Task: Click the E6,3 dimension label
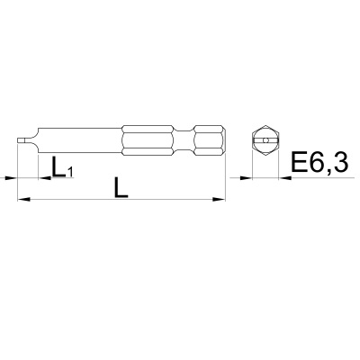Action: pos(319,162)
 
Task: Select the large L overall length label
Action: pos(121,187)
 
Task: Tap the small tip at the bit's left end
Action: pos(22,140)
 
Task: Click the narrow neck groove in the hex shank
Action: pos(184,140)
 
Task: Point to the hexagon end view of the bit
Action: pos(265,140)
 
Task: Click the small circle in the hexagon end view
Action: pos(265,140)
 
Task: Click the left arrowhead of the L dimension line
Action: pos(24,199)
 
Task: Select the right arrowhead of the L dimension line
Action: pos(219,199)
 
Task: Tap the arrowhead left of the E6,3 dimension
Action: pos(246,178)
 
